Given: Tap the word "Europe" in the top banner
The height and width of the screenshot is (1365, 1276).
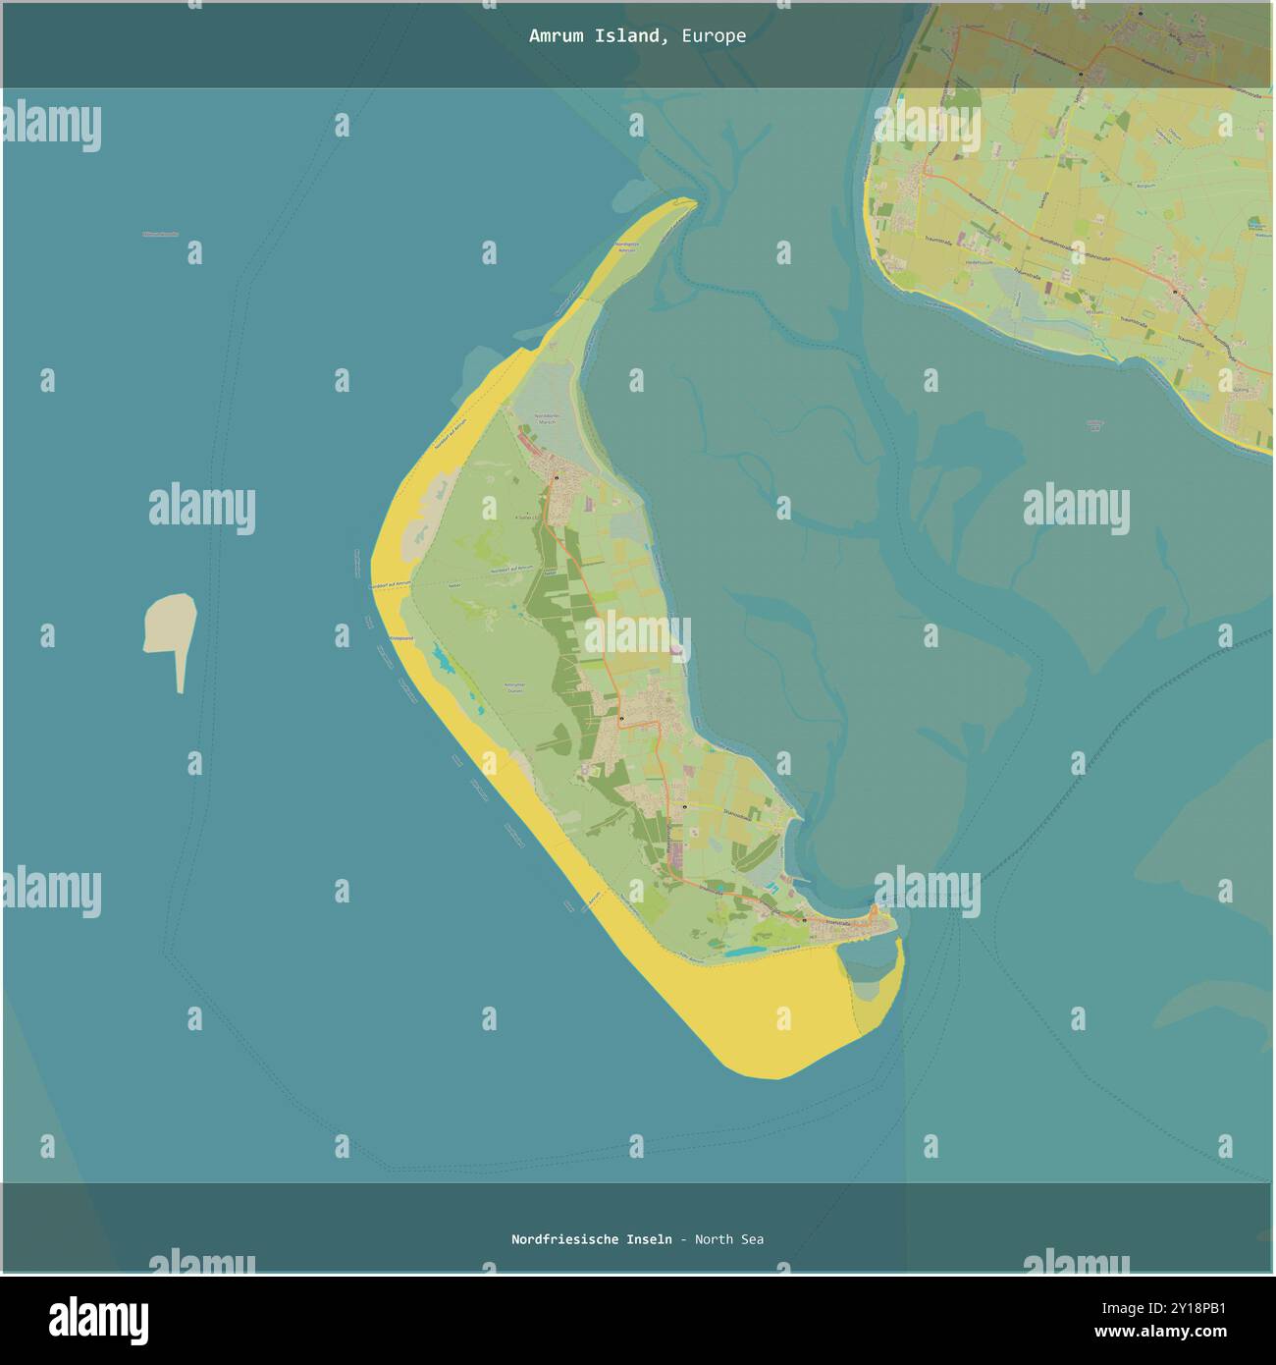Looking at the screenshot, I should (714, 36).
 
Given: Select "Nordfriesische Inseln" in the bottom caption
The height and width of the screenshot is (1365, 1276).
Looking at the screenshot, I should (591, 1239).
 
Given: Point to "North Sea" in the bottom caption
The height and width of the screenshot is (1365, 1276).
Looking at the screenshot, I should (729, 1239).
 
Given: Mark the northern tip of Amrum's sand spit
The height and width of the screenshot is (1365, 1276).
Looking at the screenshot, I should (691, 202).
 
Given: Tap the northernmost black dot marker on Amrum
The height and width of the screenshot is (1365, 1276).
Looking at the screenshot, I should (555, 478).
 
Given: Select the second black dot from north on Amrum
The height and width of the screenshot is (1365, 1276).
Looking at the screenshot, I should (621, 720).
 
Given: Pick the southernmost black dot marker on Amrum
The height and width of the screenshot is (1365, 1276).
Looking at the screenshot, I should (804, 921).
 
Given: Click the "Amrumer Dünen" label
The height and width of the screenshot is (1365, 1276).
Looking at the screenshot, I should (514, 687).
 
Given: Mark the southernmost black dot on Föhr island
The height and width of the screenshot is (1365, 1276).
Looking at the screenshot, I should (1175, 292).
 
